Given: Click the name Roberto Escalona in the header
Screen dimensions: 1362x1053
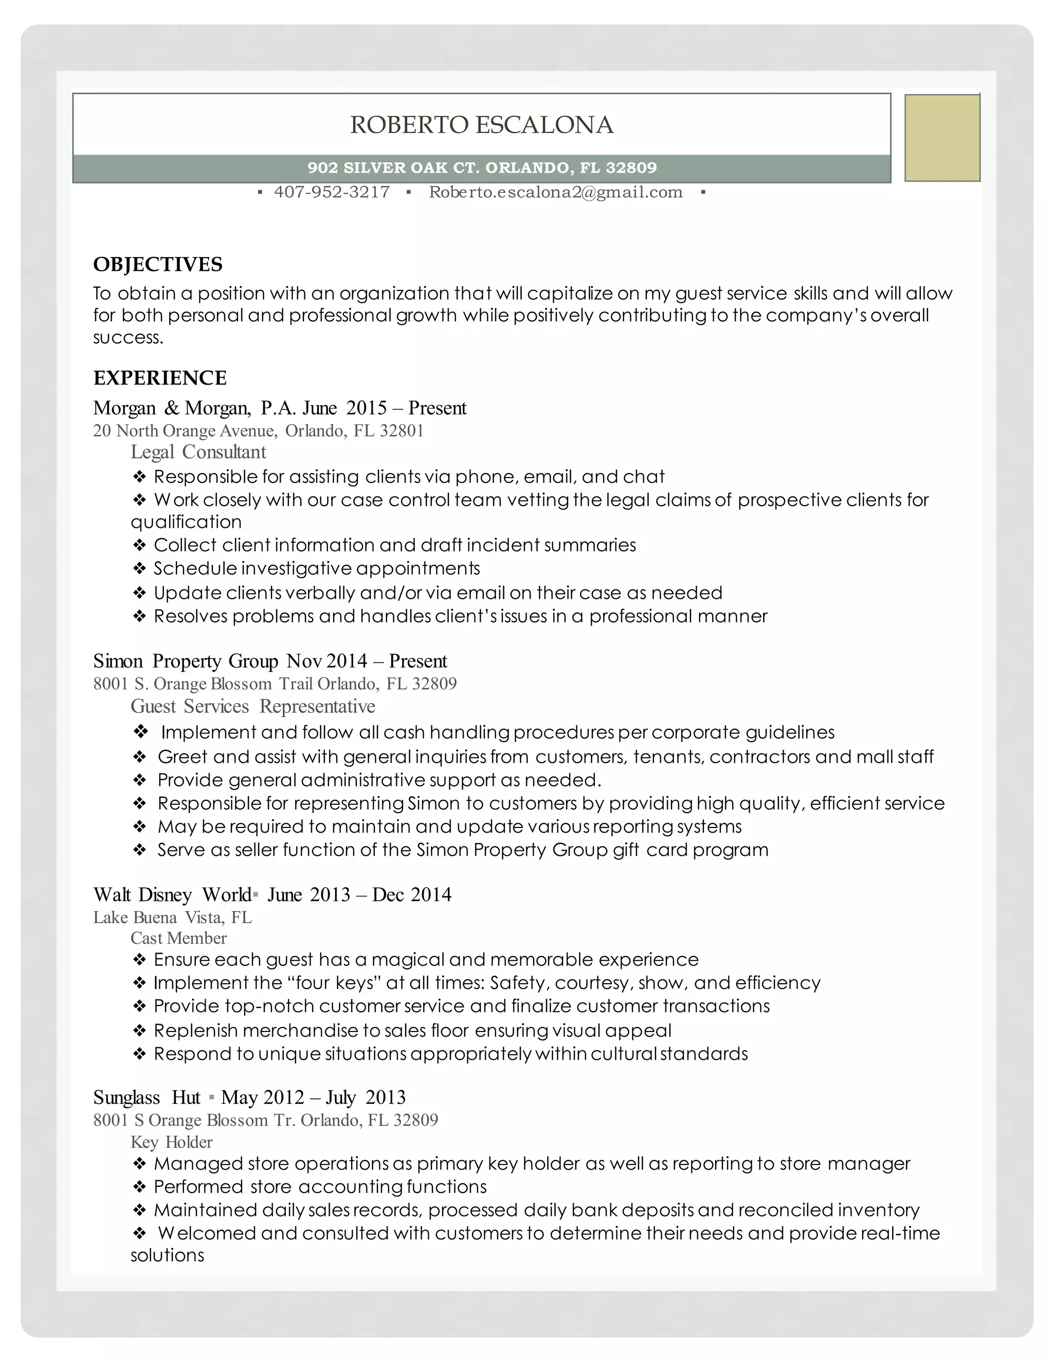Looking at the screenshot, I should pyautogui.click(x=482, y=125).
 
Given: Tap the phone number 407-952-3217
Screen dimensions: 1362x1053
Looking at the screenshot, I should pyautogui.click(x=332, y=192).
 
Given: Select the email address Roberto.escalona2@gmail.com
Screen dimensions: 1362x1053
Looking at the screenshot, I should pyautogui.click(x=555, y=192).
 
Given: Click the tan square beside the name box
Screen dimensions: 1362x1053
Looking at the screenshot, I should pyautogui.click(x=942, y=138).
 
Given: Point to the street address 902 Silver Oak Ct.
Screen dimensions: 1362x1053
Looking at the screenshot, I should pyautogui.click(x=393, y=168).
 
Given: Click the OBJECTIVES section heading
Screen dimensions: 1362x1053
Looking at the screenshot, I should pyautogui.click(x=158, y=264).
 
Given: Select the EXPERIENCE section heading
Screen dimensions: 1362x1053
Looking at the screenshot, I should pyautogui.click(x=160, y=378).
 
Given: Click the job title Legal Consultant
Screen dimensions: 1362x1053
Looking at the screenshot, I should pyautogui.click(x=198, y=452).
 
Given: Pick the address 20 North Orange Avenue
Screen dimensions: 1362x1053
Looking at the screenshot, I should pyautogui.click(x=185, y=431).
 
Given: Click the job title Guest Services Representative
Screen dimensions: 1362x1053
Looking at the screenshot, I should pyautogui.click(x=252, y=707).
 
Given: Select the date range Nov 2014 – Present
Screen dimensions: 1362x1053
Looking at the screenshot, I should pyautogui.click(x=367, y=661).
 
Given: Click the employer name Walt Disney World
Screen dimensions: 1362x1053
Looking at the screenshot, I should pyautogui.click(x=172, y=895).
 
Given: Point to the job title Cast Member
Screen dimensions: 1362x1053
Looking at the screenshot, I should pyautogui.click(x=178, y=938).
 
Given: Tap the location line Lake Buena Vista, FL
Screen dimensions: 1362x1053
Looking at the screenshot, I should pyautogui.click(x=172, y=917).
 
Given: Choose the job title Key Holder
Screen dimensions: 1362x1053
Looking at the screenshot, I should pyautogui.click(x=172, y=1142).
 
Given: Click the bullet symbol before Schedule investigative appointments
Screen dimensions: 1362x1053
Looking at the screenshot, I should pyautogui.click(x=139, y=569).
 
